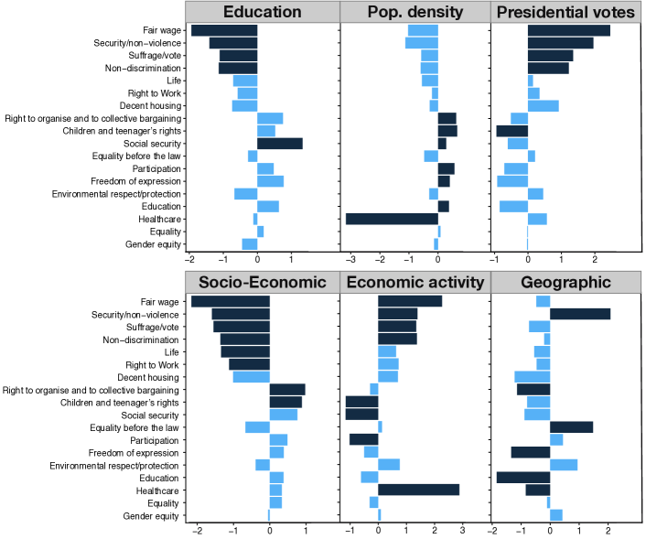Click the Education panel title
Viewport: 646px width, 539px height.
(262, 12)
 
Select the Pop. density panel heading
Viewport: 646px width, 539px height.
(415, 12)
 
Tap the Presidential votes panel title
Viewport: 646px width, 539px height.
(566, 12)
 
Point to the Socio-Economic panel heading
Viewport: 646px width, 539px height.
(262, 282)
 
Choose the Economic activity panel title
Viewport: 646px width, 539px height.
(415, 282)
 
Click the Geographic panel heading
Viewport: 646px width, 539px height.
(566, 282)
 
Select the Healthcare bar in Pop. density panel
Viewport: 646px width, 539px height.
(392, 219)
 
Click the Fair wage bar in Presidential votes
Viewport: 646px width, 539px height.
(568, 30)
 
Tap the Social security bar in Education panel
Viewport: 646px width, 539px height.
(279, 144)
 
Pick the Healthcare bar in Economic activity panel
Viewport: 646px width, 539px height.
(418, 490)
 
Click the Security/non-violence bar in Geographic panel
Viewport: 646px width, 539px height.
(580, 315)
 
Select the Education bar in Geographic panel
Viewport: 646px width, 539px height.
(523, 478)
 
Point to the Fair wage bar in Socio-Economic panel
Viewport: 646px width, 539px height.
(231, 302)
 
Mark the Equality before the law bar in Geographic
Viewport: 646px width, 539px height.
(571, 427)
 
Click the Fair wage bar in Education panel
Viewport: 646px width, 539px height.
(224, 30)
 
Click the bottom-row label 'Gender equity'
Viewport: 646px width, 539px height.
(152, 516)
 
